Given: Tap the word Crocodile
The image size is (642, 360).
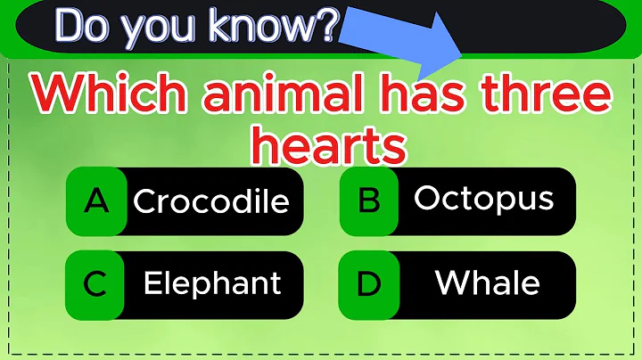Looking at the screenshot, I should point(211,200).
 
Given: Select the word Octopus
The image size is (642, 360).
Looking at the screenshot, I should point(483,198).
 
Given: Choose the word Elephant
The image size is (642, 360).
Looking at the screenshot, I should point(212,283).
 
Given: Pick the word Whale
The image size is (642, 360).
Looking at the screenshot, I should point(487,283).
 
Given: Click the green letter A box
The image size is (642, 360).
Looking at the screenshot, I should point(95,200).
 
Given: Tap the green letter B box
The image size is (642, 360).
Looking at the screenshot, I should point(369,199).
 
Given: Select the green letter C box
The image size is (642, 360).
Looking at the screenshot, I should point(95,284).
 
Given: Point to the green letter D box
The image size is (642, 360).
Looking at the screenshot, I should point(369,284).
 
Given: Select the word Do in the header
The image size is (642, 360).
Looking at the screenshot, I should point(83,29).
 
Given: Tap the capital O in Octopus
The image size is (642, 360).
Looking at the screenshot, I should point(427,198).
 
